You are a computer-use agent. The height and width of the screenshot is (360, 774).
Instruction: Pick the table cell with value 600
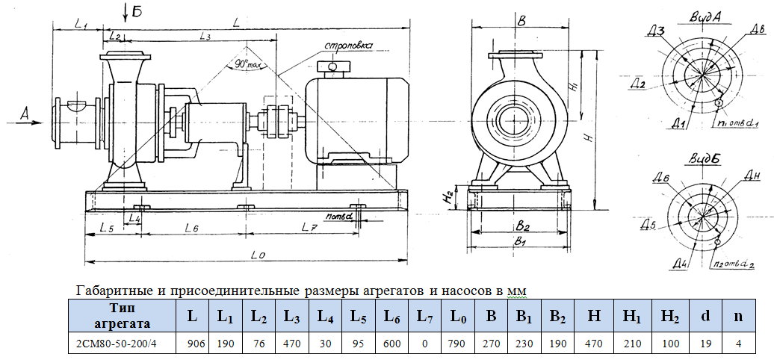392,344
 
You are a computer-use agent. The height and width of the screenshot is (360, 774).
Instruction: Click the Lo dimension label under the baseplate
258,255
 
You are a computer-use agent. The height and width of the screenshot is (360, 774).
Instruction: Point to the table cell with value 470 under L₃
293,344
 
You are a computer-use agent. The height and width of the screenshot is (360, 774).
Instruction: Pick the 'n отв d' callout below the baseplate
339,217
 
